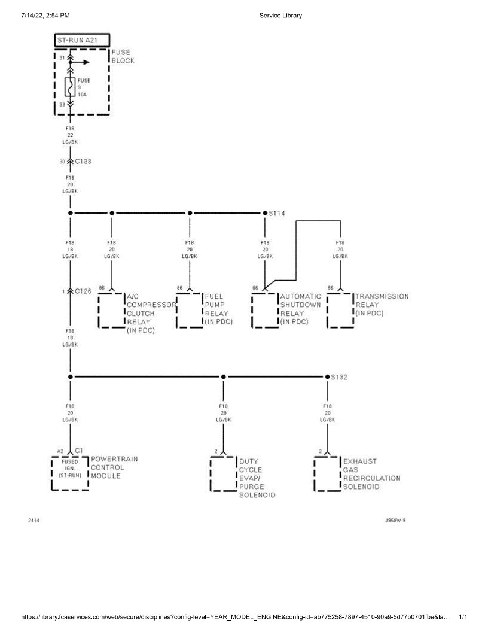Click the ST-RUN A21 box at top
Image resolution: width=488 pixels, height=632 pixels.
(82, 40)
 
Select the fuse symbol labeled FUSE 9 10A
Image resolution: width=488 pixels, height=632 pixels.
(70, 87)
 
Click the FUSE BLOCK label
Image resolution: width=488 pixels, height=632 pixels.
(123, 56)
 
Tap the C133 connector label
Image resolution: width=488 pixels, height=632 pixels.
(83, 161)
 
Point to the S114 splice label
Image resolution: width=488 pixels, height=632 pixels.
(277, 213)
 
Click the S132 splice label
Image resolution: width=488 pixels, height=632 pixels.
(339, 377)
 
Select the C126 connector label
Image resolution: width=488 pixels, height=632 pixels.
(83, 291)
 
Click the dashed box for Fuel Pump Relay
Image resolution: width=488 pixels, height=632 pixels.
(189, 311)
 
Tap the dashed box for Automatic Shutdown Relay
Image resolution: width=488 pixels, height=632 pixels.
(265, 311)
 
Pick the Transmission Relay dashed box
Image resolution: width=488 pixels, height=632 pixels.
(340, 311)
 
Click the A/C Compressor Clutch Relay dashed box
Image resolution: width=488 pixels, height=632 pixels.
(111, 311)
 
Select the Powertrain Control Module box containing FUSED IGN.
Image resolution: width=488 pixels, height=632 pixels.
(70, 473)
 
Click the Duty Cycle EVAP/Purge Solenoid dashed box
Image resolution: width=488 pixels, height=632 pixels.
(224, 474)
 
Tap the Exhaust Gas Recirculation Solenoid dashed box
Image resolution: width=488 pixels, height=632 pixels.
(327, 474)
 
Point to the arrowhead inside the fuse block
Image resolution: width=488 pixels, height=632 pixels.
(87, 62)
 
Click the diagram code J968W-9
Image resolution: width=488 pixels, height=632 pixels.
(395, 520)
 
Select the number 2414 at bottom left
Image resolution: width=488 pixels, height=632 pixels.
(34, 520)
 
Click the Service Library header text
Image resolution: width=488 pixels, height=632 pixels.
(280, 16)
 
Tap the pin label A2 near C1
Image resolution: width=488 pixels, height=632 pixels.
(60, 451)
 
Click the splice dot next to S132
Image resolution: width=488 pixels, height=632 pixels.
(327, 377)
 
